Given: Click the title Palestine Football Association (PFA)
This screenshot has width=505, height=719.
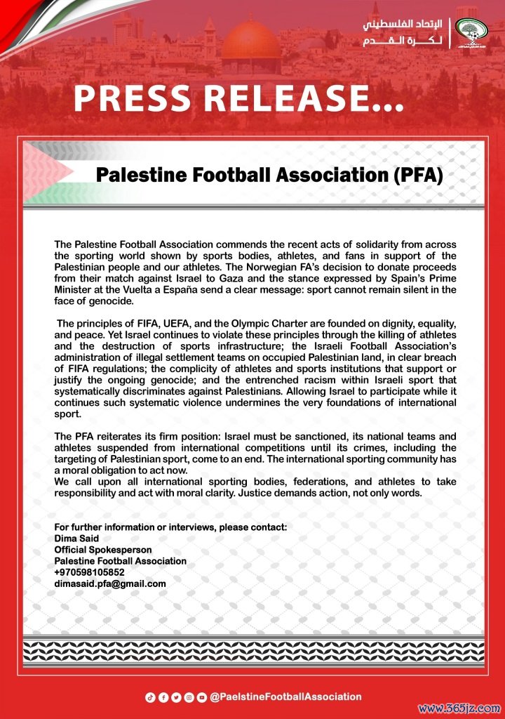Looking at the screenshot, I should coord(270,174).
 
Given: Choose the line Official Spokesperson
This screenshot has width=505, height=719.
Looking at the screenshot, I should coord(103,550).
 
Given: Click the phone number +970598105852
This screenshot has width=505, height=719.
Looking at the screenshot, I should coord(90,572).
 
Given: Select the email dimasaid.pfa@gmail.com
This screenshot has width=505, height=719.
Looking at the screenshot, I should coord(110,583).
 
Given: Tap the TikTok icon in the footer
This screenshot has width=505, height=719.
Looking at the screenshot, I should coord(149,697).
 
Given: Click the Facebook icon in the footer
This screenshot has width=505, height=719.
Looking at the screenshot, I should coord(163,697).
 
